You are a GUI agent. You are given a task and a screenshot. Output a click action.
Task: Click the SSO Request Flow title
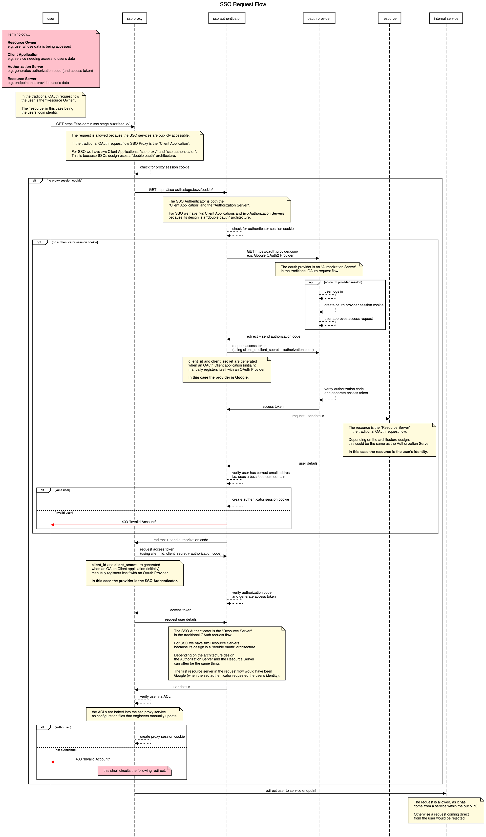[243, 4]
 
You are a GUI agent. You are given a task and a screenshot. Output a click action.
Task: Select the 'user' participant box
[51, 18]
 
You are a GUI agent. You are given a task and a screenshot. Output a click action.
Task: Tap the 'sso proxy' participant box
[135, 18]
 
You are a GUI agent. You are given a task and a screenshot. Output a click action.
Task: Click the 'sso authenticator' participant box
[227, 18]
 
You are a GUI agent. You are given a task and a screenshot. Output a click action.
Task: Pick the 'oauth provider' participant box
[319, 18]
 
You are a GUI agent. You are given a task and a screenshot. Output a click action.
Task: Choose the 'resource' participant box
[389, 18]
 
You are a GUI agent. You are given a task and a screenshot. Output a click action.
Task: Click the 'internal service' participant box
[446, 18]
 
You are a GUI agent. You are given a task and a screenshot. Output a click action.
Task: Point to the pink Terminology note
[51, 59]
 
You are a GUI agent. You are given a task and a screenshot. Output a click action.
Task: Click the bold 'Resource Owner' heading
[22, 42]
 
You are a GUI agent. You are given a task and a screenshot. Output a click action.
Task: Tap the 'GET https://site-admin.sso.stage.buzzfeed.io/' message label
[93, 124]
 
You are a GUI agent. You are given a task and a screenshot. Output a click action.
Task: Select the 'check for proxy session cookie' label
[165, 167]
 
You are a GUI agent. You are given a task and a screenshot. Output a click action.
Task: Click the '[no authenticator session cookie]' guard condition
[75, 242]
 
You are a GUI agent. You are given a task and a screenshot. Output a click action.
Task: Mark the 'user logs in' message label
[334, 291]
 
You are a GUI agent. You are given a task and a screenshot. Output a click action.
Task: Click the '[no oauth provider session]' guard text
[343, 282]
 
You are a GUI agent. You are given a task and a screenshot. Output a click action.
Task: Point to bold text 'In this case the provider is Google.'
[218, 377]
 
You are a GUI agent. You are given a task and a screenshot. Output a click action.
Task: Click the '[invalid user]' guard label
[63, 512]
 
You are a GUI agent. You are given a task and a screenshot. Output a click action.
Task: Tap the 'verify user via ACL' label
[155, 696]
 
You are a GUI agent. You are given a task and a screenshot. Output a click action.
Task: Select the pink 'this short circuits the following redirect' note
[135, 770]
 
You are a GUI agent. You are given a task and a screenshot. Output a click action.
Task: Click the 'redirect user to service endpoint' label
[290, 791]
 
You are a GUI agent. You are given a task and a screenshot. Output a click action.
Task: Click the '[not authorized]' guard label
[65, 750]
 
